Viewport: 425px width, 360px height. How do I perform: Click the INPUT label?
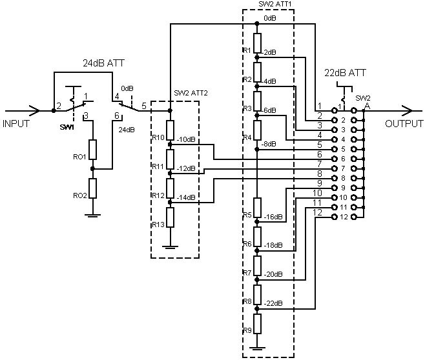click(16, 124)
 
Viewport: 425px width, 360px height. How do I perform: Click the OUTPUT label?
click(404, 124)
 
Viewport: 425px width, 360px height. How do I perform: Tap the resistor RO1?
click(93, 150)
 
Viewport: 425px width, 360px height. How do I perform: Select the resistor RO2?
click(93, 188)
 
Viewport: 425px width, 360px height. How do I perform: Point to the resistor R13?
click(170, 217)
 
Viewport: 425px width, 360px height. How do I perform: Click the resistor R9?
click(257, 324)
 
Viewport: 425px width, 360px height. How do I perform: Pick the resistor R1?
click(257, 43)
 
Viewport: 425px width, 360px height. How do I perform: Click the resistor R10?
click(170, 130)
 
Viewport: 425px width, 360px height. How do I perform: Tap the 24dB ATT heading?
click(103, 63)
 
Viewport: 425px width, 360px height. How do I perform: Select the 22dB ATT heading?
click(345, 72)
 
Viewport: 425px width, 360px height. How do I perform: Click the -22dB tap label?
click(273, 303)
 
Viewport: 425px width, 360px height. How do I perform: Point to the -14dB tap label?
click(186, 197)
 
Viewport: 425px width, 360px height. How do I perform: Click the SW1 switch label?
click(67, 127)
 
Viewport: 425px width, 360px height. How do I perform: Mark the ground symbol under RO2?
click(93, 215)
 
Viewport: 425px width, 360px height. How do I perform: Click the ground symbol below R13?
click(170, 247)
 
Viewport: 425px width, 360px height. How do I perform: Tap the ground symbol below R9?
click(257, 348)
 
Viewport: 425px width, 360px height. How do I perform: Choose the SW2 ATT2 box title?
click(191, 93)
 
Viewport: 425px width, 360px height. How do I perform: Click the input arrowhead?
click(36, 111)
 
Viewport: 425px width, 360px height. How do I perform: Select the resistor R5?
click(257, 208)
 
